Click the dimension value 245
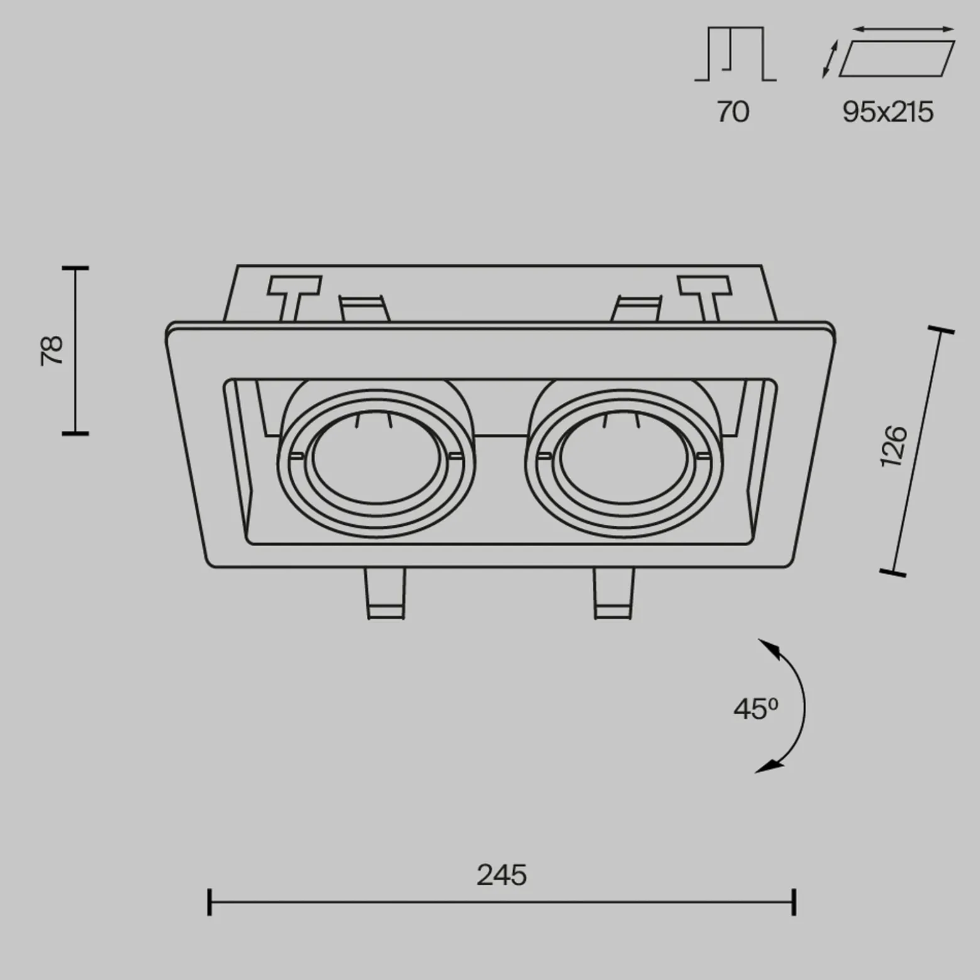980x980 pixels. (501, 875)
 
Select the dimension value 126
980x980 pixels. (894, 446)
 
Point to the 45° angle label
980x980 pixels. (756, 709)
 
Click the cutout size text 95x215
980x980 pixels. (888, 112)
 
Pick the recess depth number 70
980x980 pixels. (732, 112)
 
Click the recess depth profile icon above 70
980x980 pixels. (736, 54)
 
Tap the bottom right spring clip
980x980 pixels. (614, 593)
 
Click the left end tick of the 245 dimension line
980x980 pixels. (209, 902)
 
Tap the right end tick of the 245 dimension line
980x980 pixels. (795, 902)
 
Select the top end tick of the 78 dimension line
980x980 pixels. (75, 268)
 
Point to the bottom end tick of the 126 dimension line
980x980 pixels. (893, 573)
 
